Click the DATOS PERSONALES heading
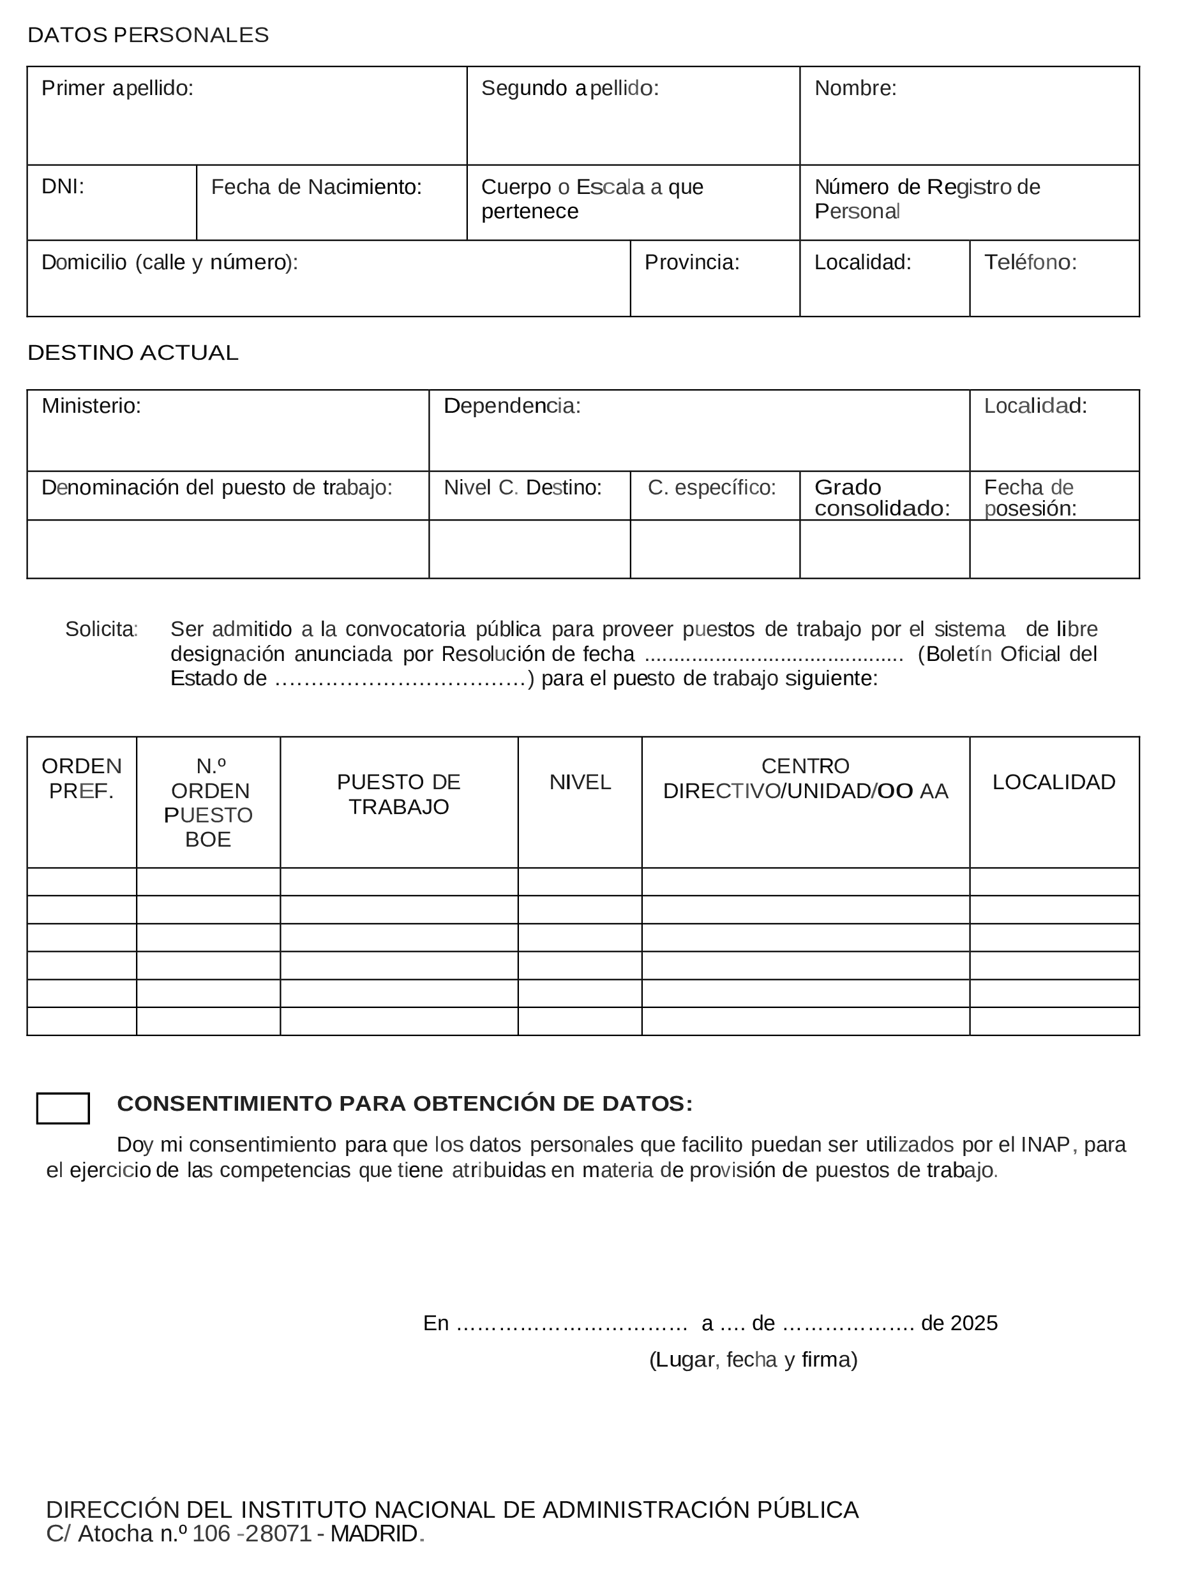pyautogui.click(x=148, y=35)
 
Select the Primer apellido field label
pyautogui.click(x=117, y=88)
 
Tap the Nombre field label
pyautogui.click(x=855, y=88)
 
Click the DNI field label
pyautogui.click(x=63, y=186)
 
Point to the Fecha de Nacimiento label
pyautogui.click(x=317, y=187)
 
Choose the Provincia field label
pyautogui.click(x=692, y=262)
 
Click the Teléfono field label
pyautogui.click(x=1030, y=262)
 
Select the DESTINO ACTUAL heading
pyautogui.click(x=133, y=353)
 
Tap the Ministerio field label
pyautogui.click(x=91, y=406)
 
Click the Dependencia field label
pyautogui.click(x=512, y=406)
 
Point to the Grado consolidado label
pyautogui.click(x=882, y=498)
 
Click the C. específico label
pyautogui.click(x=712, y=487)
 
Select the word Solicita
pyautogui.click(x=101, y=629)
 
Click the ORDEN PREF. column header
pyautogui.click(x=82, y=778)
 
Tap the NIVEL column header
pyautogui.click(x=580, y=782)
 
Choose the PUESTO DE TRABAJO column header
pyautogui.click(x=398, y=794)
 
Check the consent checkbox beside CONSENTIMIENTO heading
pyautogui.click(x=63, y=1108)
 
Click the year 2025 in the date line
pyautogui.click(x=973, y=1323)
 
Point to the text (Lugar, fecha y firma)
pyautogui.click(x=753, y=1360)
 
